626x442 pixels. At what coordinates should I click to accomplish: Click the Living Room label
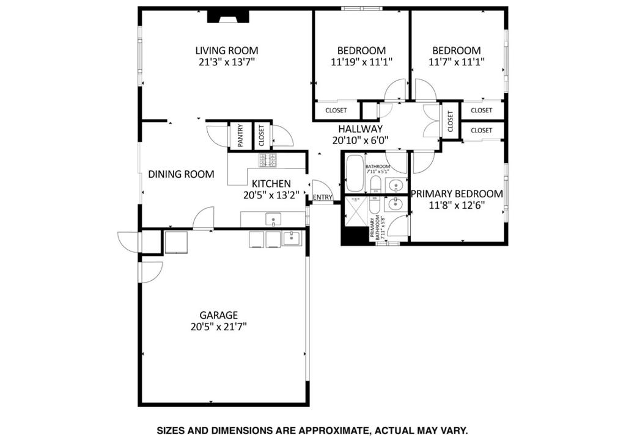tap(226, 51)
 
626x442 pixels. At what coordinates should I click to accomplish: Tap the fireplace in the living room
tap(228, 17)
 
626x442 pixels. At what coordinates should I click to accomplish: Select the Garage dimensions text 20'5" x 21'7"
tap(218, 327)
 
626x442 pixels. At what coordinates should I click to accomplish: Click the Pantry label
tap(240, 136)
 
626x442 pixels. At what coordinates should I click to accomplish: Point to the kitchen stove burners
tap(268, 160)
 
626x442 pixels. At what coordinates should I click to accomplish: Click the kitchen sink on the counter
tap(273, 219)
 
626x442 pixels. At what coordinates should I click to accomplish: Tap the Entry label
tap(323, 197)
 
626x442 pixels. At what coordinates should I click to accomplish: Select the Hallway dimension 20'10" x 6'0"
tap(360, 140)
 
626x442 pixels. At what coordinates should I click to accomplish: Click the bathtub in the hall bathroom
tap(355, 173)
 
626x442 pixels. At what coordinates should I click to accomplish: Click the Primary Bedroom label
tap(457, 194)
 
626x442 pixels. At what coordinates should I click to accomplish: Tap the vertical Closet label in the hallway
tap(451, 121)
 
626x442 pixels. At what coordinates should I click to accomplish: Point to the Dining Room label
tap(181, 174)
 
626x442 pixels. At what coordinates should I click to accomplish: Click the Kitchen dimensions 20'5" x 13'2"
tap(271, 195)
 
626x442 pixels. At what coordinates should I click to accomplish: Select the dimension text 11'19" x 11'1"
tap(361, 62)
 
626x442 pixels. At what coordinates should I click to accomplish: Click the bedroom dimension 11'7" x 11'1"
tap(456, 62)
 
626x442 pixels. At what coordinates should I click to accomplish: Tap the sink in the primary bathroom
tap(396, 204)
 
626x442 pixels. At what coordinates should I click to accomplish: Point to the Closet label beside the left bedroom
tap(336, 111)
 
